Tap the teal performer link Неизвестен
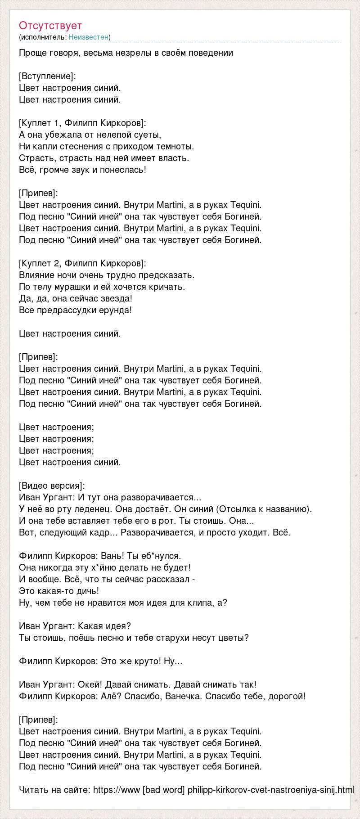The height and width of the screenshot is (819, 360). click(x=89, y=37)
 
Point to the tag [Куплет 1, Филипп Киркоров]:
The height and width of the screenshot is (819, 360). click(x=83, y=123)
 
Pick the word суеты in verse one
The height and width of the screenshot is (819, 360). click(x=148, y=135)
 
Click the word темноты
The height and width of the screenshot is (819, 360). click(x=176, y=146)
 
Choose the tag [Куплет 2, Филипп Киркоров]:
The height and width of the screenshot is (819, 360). click(x=83, y=263)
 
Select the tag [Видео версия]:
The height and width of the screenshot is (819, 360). click(x=52, y=486)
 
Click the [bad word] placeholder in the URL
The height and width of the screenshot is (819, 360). click(x=163, y=790)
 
